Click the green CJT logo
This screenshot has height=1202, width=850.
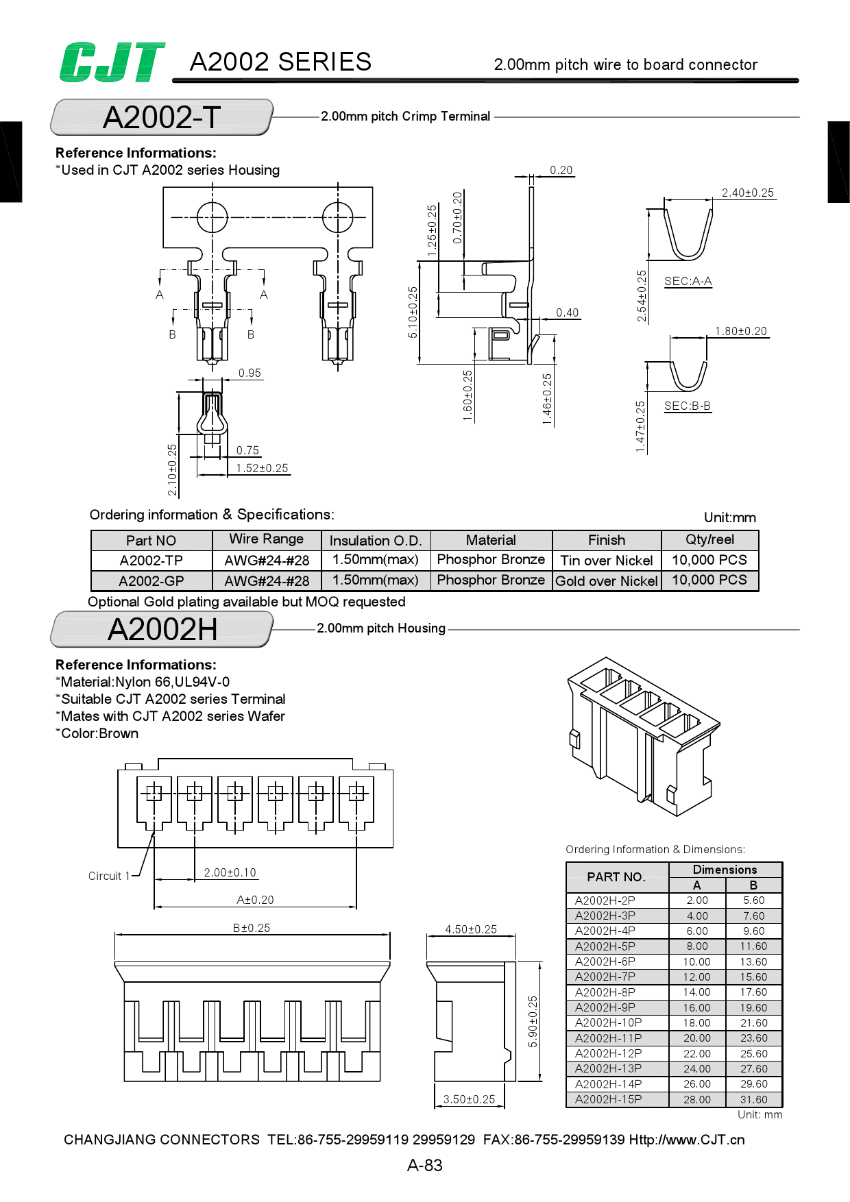pos(112,62)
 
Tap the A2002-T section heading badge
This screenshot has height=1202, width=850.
pos(162,117)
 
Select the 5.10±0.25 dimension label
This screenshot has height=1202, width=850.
pos(413,312)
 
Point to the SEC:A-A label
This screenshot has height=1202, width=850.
pos(688,281)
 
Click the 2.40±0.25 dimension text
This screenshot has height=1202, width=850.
pos(747,193)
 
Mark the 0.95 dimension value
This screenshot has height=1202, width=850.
pos(250,373)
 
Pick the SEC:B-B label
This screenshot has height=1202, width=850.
pos(687,406)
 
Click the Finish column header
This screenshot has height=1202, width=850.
pos(606,540)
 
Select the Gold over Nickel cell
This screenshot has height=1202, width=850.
pos(606,580)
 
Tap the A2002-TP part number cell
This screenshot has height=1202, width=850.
pos(151,561)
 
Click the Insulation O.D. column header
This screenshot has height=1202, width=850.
pos(375,540)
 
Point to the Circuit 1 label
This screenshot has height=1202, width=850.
pos(108,876)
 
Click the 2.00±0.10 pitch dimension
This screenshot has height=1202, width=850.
pos(230,872)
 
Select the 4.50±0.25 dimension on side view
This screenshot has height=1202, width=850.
pos(470,929)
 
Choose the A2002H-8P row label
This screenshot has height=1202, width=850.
pos(605,992)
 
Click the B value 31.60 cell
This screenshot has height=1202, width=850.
pos(753,1099)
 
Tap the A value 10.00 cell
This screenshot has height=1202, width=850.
pos(696,961)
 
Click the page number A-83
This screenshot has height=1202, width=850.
pos(424,1165)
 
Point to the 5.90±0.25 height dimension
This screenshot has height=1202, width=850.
pos(533,1021)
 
